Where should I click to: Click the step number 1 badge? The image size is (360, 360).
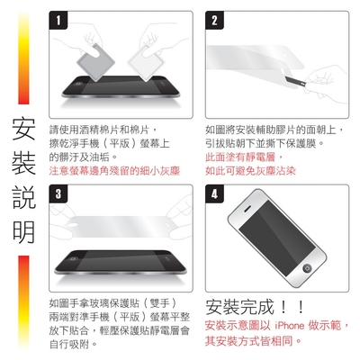click(58, 21)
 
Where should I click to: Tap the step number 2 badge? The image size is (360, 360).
click(214, 21)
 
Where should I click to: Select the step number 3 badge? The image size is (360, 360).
click(58, 193)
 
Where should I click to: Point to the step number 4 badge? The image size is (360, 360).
click(214, 193)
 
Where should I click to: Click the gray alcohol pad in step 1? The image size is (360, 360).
click(95, 62)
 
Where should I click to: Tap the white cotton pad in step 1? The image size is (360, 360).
click(147, 62)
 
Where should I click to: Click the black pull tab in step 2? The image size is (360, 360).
click(295, 81)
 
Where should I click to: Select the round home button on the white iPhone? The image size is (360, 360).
click(307, 268)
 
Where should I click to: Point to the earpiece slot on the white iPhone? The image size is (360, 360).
click(247, 209)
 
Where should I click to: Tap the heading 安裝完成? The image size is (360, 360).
click(239, 307)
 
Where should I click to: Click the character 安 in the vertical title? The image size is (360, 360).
click(23, 129)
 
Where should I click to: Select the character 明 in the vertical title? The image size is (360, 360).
click(23, 232)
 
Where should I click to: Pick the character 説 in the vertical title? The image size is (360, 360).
click(23, 197)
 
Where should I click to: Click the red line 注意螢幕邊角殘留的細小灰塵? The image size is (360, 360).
click(114, 171)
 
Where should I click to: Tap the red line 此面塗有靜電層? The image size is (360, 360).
click(244, 157)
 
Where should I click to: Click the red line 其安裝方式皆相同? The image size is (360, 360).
click(253, 341)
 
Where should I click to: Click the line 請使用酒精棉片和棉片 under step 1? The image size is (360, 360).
click(103, 130)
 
